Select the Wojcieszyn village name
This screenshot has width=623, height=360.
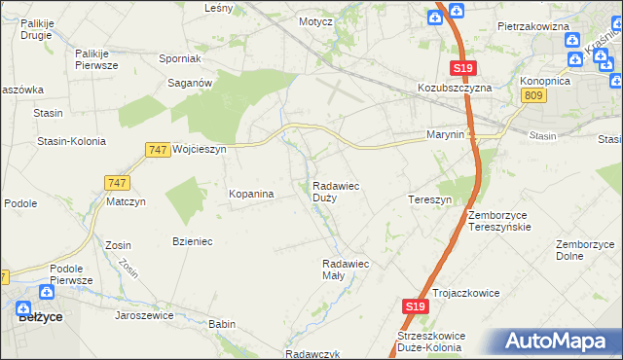pos(199,150)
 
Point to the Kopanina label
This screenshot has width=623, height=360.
pos(251,195)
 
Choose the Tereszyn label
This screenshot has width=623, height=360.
pos(429,199)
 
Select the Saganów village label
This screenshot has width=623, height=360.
pos(191,84)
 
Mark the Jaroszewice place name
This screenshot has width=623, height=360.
pos(144,315)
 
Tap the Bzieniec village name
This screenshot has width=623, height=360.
pos(193,240)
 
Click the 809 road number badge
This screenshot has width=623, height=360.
pos(532,94)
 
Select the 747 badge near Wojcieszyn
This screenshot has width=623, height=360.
pos(158,150)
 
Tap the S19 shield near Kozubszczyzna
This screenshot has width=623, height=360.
pos(463,68)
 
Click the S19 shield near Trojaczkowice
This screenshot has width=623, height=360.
pos(416,306)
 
